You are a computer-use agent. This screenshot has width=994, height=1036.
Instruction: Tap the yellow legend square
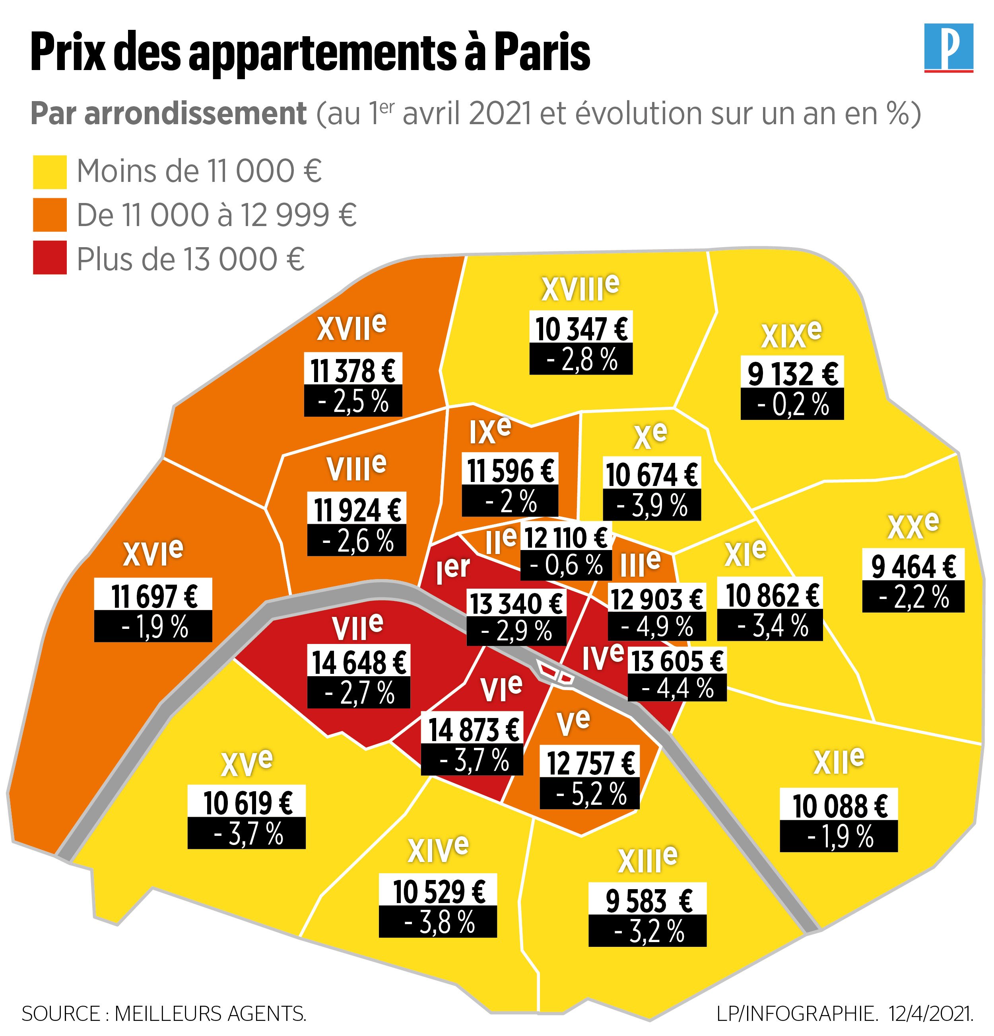coord(50,172)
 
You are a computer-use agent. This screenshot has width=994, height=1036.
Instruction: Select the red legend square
coord(50,258)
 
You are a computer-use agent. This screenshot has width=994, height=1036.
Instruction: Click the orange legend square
coord(50,215)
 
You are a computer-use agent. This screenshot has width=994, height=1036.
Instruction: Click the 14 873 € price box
coord(472,730)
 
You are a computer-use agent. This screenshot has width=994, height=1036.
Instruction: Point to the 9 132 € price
coord(792,373)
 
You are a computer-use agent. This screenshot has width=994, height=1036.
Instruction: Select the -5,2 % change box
coord(589,793)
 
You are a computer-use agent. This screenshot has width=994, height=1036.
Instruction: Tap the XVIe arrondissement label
coord(153,552)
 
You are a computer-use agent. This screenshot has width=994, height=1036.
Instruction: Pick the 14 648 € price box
coord(359,662)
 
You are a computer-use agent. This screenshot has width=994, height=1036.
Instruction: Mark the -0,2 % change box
coord(792,404)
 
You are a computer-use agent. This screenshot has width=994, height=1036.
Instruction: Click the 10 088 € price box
coord(839,806)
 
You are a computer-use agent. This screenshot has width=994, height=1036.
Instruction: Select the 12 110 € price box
coord(566,538)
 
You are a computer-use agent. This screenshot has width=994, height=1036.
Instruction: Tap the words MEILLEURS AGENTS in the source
coord(210,1013)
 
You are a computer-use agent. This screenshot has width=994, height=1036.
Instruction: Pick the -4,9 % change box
coord(656,627)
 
